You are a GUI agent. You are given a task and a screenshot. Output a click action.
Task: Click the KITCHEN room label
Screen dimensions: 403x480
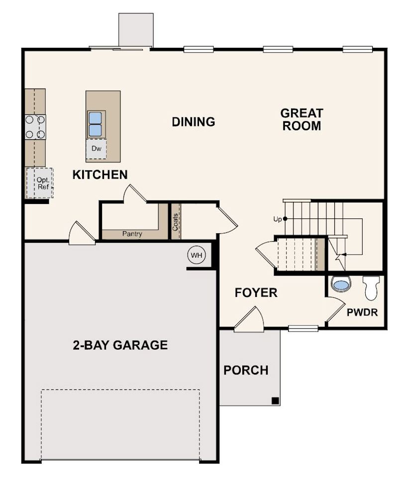100,175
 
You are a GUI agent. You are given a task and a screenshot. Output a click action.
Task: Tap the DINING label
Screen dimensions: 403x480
193,122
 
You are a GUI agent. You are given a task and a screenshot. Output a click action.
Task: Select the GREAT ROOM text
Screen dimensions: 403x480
302,119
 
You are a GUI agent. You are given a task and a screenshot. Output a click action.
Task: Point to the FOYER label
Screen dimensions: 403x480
256,292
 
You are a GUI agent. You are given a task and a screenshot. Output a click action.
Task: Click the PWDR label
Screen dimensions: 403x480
362,312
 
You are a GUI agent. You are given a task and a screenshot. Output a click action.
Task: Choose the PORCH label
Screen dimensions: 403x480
246,371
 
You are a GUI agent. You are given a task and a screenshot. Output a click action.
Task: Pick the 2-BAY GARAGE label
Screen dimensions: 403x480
120,345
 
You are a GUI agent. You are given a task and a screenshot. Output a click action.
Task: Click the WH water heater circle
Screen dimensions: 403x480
197,255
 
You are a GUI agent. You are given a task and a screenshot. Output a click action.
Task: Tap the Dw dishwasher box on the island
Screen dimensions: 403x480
97,149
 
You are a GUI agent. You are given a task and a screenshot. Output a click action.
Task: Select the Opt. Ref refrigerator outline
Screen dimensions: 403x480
39,183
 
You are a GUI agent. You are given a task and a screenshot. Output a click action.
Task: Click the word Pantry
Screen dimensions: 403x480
132,234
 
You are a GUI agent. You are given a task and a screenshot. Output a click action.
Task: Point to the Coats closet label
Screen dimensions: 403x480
175,222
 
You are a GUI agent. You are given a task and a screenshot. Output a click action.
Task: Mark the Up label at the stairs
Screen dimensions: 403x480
278,219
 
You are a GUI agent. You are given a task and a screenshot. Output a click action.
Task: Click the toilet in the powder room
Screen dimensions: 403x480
371,288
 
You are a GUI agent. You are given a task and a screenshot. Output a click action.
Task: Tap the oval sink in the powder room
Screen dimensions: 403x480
341,285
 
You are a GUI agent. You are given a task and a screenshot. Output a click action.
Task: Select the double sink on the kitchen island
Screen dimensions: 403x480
95,124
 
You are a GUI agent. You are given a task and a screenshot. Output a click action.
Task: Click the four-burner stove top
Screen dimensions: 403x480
35,127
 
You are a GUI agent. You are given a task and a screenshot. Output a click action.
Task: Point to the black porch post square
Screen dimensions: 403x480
275,401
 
